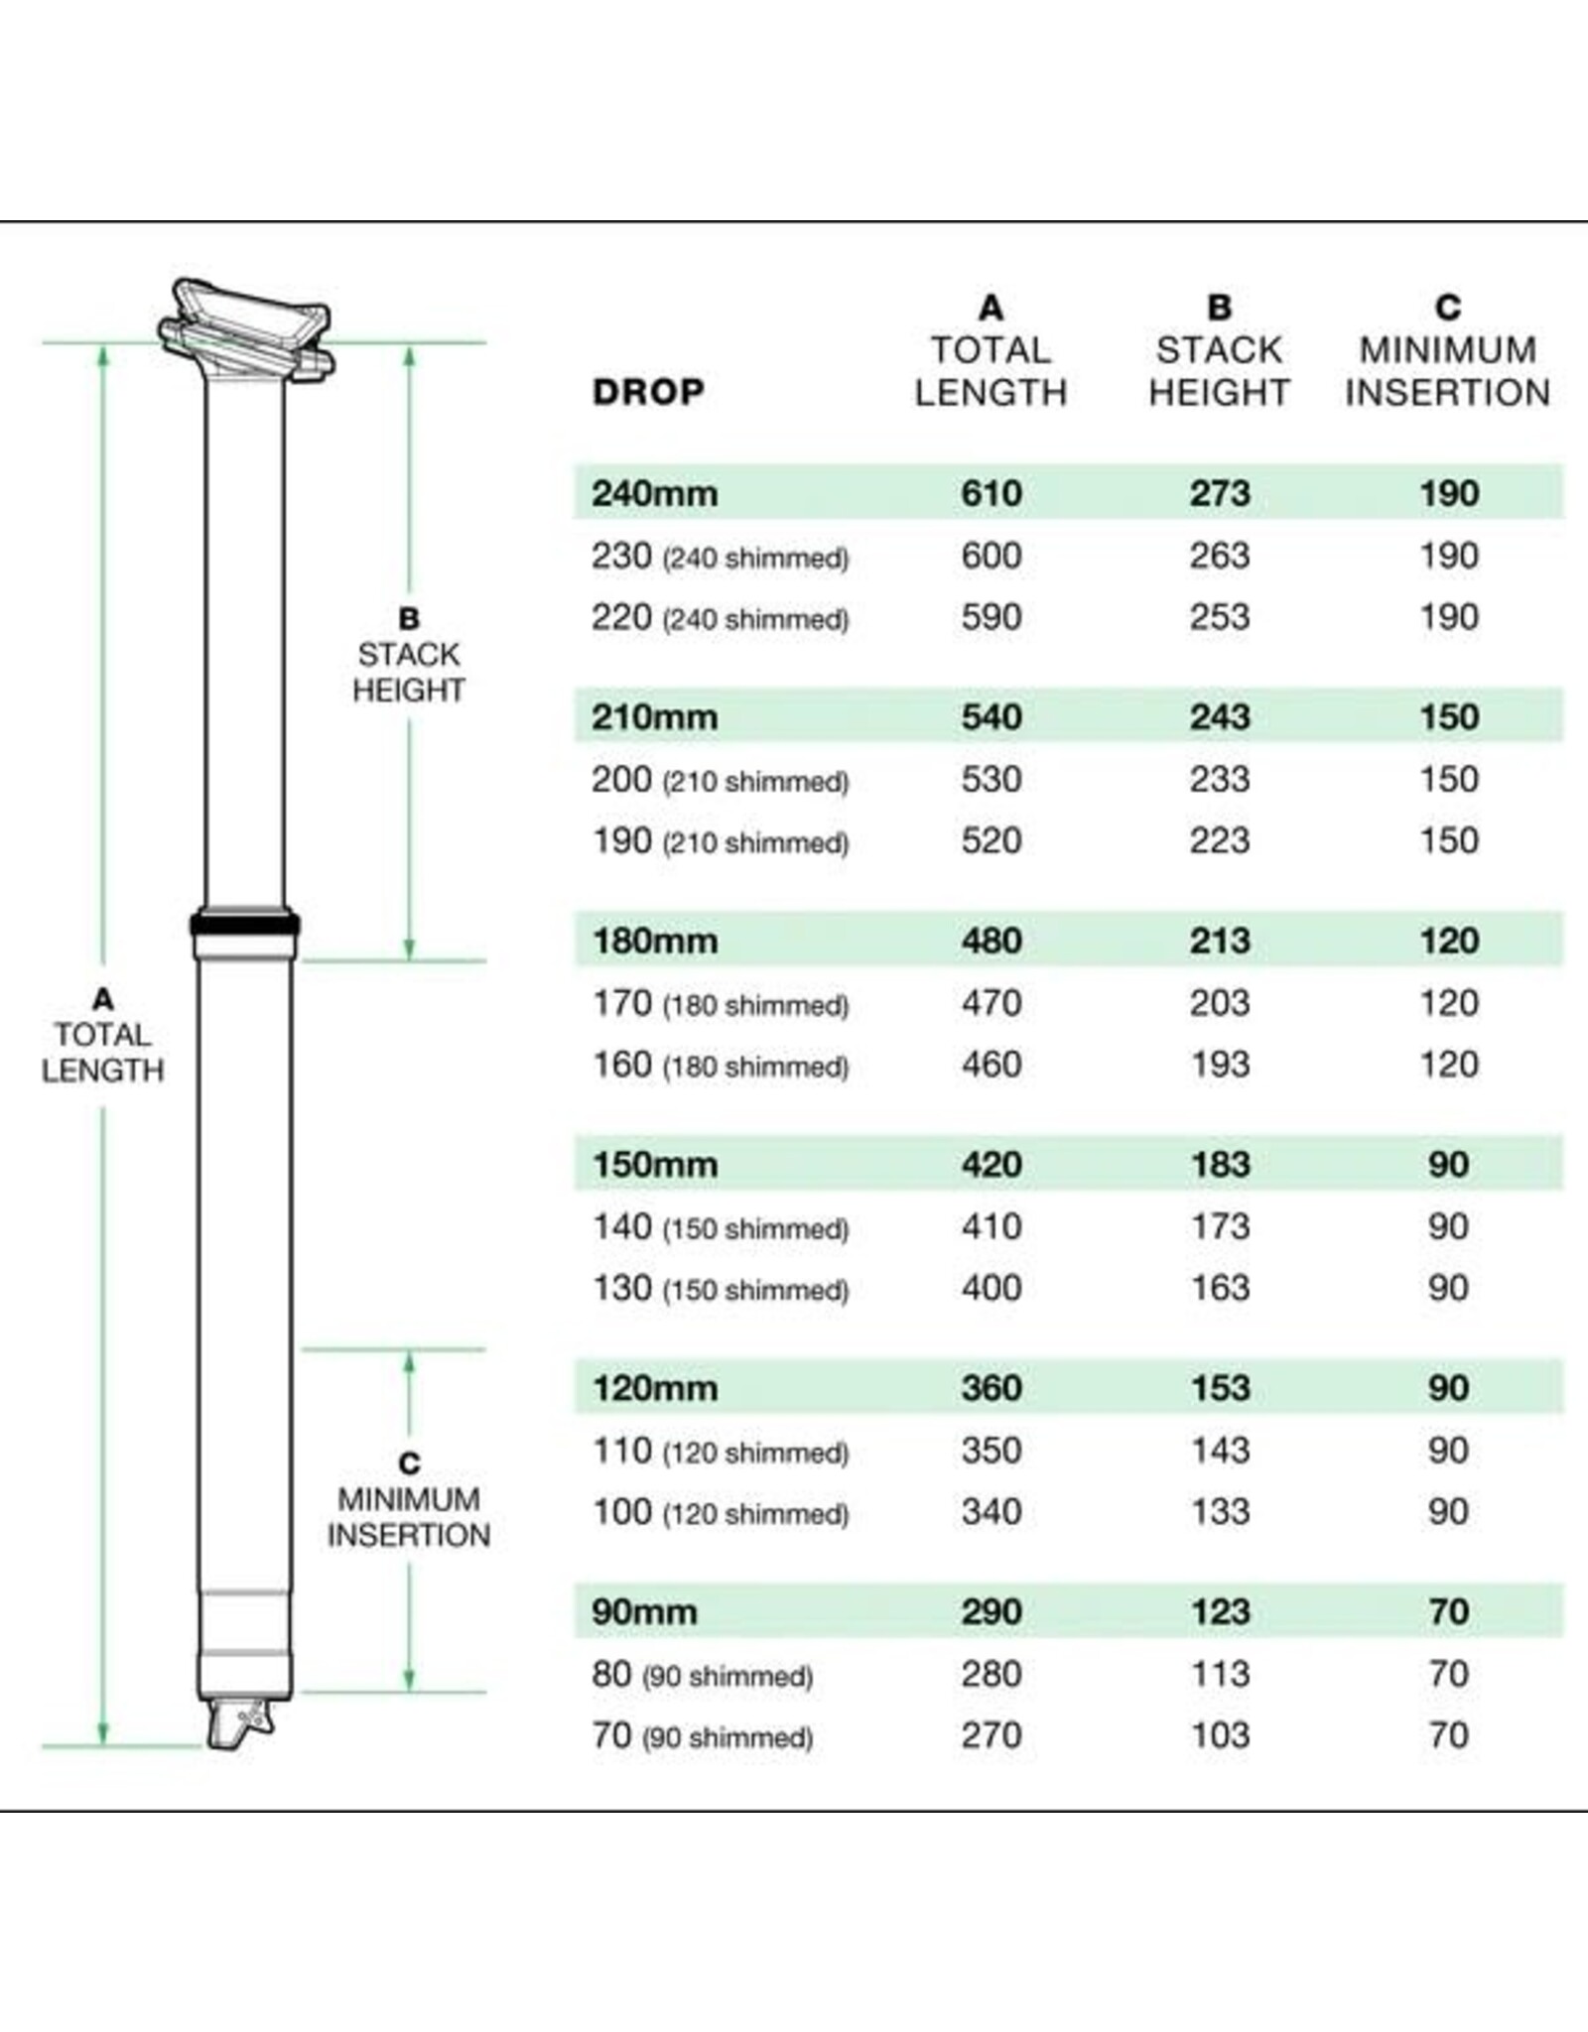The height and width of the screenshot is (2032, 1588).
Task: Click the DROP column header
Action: tap(648, 392)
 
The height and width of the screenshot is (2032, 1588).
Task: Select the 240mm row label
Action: tap(654, 493)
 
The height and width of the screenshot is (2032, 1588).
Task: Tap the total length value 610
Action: tap(991, 493)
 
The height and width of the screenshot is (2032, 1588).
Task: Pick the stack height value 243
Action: tap(1220, 716)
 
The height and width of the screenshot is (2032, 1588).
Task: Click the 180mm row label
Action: tap(654, 941)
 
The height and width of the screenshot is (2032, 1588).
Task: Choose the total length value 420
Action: tap(991, 1164)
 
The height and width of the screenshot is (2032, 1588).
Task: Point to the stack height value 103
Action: tap(1220, 1735)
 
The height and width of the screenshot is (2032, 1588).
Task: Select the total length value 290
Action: tap(991, 1611)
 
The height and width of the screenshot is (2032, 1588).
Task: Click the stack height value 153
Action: tap(1220, 1388)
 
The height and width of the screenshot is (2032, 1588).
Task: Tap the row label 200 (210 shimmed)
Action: tap(720, 780)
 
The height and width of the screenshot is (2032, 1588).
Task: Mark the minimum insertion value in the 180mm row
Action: tap(1448, 941)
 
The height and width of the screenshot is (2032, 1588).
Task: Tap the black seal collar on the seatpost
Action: tap(244, 925)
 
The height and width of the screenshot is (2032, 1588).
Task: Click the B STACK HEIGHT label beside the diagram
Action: tap(408, 655)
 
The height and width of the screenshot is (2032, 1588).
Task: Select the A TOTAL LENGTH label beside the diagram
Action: tap(102, 1035)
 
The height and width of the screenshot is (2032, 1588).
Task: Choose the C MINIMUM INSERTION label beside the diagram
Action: tap(408, 1499)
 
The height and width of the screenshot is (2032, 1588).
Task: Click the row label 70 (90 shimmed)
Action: tap(702, 1736)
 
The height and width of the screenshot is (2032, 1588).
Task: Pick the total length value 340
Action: tap(991, 1512)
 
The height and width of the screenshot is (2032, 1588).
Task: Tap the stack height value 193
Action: tap(1220, 1065)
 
